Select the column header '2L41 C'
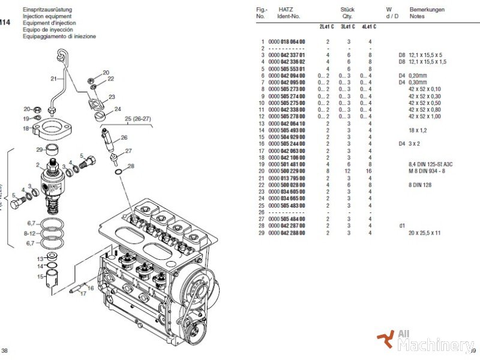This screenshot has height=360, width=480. (x=327, y=26)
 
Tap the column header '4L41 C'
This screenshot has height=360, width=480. (x=368, y=26)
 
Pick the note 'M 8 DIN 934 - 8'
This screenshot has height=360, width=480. (x=428, y=171)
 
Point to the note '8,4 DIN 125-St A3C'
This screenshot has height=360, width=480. (x=431, y=164)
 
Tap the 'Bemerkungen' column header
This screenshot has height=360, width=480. (x=427, y=10)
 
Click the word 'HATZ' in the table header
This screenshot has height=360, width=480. (x=286, y=10)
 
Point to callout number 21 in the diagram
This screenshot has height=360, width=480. (x=53, y=79)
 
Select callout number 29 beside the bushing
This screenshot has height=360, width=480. (x=39, y=149)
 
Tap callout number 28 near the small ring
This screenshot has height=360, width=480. (x=131, y=166)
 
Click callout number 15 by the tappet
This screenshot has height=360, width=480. (x=39, y=277)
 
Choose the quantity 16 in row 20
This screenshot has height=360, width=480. (x=369, y=171)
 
